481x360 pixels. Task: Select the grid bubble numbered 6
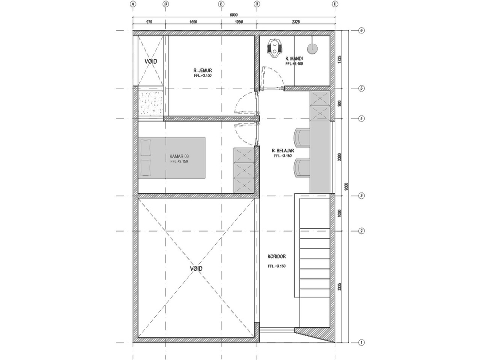[361, 31]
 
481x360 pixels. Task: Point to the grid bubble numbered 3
[361, 196]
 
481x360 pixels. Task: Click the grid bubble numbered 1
[361, 343]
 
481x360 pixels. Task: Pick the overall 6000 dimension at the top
[233, 15]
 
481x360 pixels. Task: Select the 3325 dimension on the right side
[340, 287]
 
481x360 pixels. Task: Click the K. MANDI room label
[294, 59]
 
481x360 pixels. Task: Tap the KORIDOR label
[276, 256]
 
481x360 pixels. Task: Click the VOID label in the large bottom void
[196, 269]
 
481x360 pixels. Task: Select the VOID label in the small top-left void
[151, 61]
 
